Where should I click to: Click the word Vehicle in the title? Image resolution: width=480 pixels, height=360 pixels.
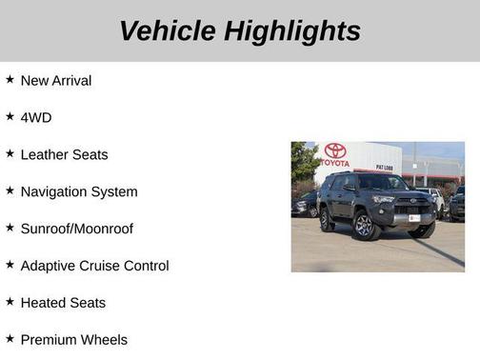click(168, 30)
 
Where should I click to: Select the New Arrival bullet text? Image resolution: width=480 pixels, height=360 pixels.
click(56, 80)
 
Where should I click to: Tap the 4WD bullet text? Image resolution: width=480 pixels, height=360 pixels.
click(36, 117)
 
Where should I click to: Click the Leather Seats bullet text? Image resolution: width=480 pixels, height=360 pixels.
click(64, 154)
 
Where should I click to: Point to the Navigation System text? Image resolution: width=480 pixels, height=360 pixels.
click(79, 191)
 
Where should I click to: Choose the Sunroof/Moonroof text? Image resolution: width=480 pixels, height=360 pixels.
click(76, 229)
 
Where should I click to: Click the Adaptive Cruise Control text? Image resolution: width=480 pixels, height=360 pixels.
click(94, 266)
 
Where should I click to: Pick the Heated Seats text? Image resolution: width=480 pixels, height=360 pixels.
click(63, 303)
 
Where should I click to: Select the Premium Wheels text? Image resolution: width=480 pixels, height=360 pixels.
click(73, 339)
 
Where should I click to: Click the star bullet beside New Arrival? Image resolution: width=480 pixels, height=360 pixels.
click(10, 79)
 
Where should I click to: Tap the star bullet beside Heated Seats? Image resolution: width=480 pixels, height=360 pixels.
click(10, 302)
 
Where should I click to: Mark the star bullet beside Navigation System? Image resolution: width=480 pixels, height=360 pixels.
click(10, 190)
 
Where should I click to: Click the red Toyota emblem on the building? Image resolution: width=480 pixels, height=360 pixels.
click(335, 150)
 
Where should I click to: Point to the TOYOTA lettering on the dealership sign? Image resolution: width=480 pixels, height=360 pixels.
click(335, 163)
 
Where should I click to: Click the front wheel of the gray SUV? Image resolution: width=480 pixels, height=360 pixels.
click(363, 226)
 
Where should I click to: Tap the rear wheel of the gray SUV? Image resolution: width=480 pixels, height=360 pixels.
click(328, 222)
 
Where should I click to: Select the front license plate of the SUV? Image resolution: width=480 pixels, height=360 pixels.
click(414, 218)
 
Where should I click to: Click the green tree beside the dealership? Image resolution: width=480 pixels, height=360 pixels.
click(303, 162)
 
